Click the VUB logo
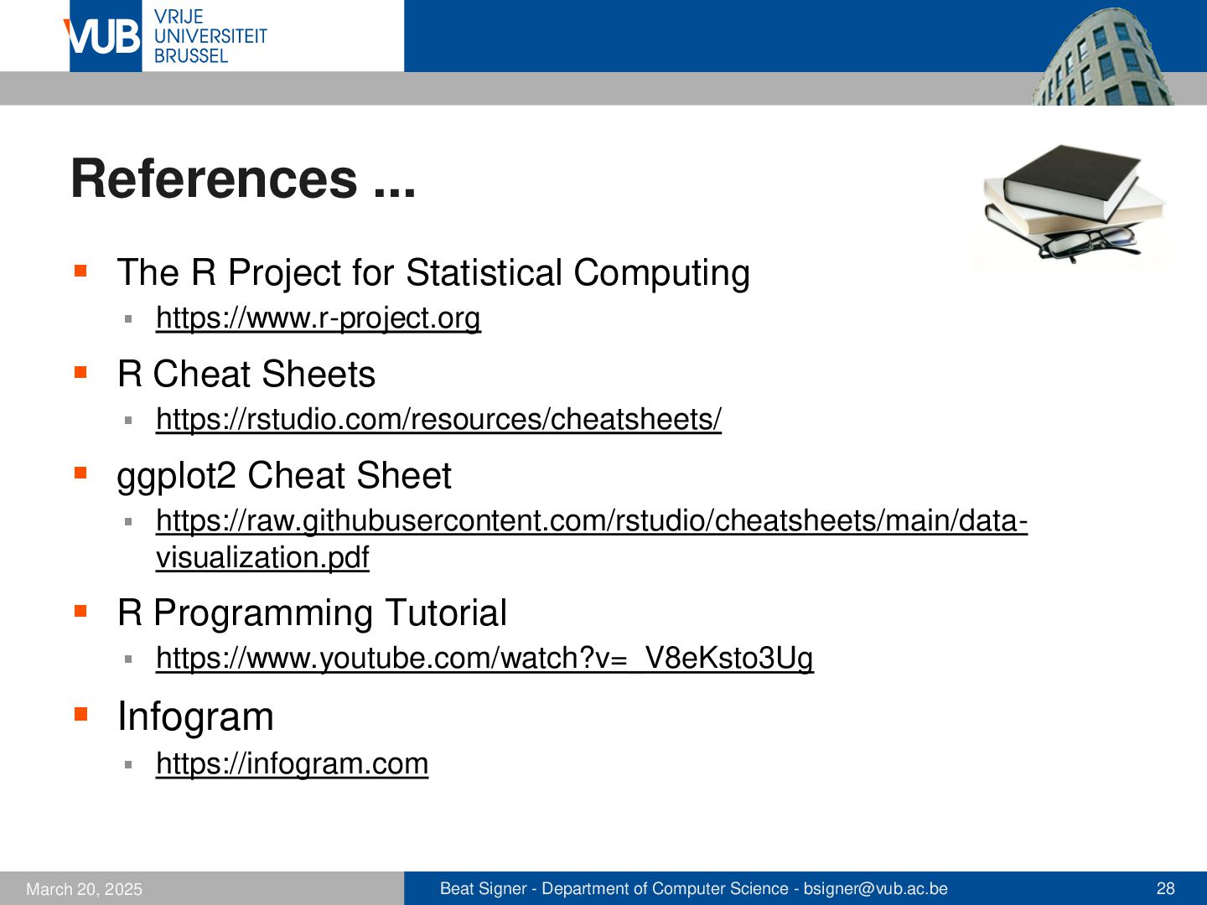coord(103,36)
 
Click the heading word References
coord(214,178)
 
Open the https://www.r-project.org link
coord(319,318)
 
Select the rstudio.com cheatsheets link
coord(438,419)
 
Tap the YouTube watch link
coord(484,658)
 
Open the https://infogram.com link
coord(292,763)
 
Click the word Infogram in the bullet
coord(196,716)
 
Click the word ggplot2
coord(176,477)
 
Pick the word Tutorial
coord(445,612)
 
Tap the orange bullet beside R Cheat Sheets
coord(80,372)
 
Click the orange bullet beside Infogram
coord(80,713)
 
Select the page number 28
coord(1165,888)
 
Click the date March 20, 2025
coord(84,889)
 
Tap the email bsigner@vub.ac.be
coord(875,888)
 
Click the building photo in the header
coord(1102,56)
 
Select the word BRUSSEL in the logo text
coord(191,56)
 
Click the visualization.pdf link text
coord(262,557)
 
